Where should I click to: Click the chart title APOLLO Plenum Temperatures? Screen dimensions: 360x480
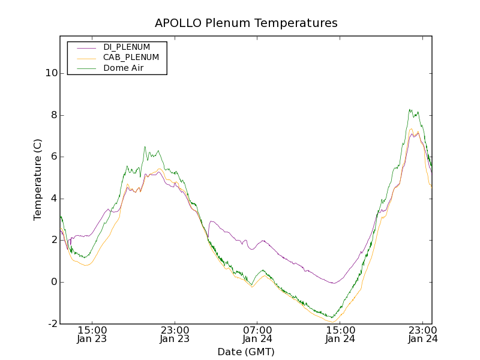click(246, 23)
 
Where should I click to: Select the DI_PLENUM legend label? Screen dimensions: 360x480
click(127, 47)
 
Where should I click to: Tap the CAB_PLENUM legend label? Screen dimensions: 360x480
click(131, 58)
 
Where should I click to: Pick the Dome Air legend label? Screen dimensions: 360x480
click(123, 68)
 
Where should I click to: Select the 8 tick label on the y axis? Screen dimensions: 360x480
click(53, 115)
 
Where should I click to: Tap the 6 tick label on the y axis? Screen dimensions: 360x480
click(53, 157)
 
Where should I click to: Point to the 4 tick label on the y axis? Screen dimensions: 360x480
click(53, 199)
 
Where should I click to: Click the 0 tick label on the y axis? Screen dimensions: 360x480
click(53, 282)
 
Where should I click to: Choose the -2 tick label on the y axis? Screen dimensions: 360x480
click(52, 323)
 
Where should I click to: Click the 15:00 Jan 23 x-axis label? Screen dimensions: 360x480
click(92, 335)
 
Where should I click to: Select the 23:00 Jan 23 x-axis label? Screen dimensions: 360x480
click(175, 335)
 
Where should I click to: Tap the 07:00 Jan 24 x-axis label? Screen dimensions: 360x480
click(257, 335)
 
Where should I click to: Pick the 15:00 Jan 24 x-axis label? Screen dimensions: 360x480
click(340, 335)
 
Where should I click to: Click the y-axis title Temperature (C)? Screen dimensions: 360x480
click(38, 179)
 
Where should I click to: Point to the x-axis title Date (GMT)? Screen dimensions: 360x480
click(246, 352)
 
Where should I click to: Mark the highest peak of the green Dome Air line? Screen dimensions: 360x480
click(410, 109)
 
